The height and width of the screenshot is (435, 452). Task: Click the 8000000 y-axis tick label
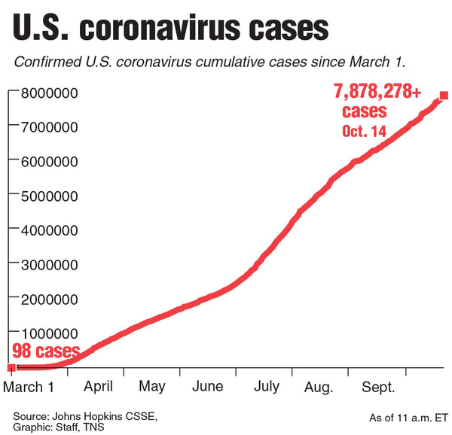pos(45,93)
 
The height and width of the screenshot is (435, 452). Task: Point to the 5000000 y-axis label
pos(45,196)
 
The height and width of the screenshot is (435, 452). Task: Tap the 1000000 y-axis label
pos(45,333)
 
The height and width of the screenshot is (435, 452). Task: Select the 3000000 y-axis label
pos(45,265)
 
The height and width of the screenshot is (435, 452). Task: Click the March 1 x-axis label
pos(30,387)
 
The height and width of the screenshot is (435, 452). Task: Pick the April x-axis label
pos(99,387)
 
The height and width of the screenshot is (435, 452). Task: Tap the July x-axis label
pos(267,387)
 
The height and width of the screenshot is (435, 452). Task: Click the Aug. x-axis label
pos(321,387)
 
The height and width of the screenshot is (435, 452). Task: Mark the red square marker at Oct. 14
pos(444,96)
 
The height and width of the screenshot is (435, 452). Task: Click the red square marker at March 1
pos(11,368)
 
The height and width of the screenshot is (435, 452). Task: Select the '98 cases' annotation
pos(44,351)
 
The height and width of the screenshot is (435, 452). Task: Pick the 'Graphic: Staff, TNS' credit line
pos(60,427)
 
